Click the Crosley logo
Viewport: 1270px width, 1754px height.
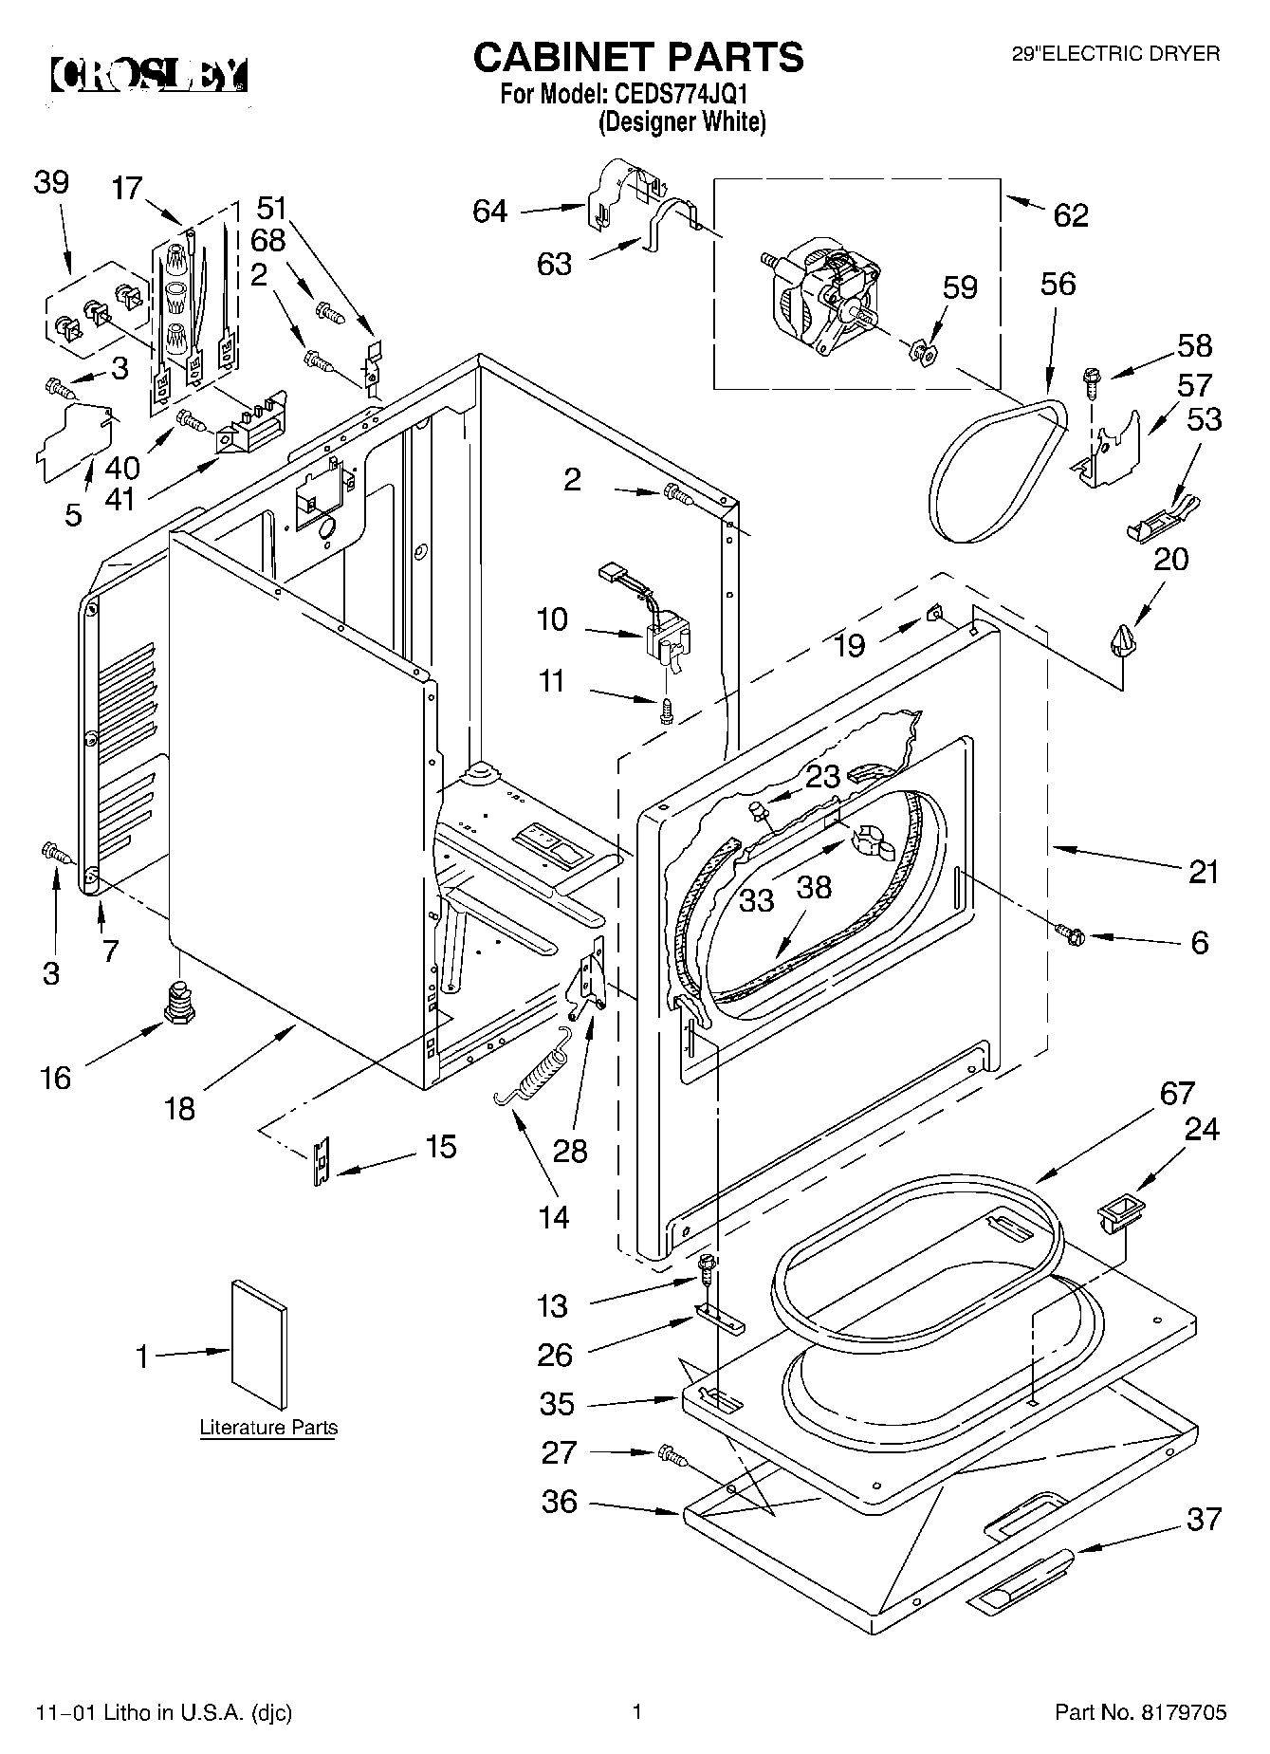click(x=149, y=75)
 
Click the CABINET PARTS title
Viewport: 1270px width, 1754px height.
click(x=638, y=58)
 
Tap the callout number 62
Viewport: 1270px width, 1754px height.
click(x=1071, y=215)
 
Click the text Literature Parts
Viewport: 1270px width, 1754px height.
click(x=268, y=1427)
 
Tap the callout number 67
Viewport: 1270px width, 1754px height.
click(x=1177, y=1093)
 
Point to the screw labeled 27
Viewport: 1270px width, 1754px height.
click(x=672, y=1452)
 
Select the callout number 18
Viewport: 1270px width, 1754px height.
click(x=179, y=1108)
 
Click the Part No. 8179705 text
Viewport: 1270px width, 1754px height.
click(x=1141, y=1712)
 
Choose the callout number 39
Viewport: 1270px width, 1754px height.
click(x=52, y=182)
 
